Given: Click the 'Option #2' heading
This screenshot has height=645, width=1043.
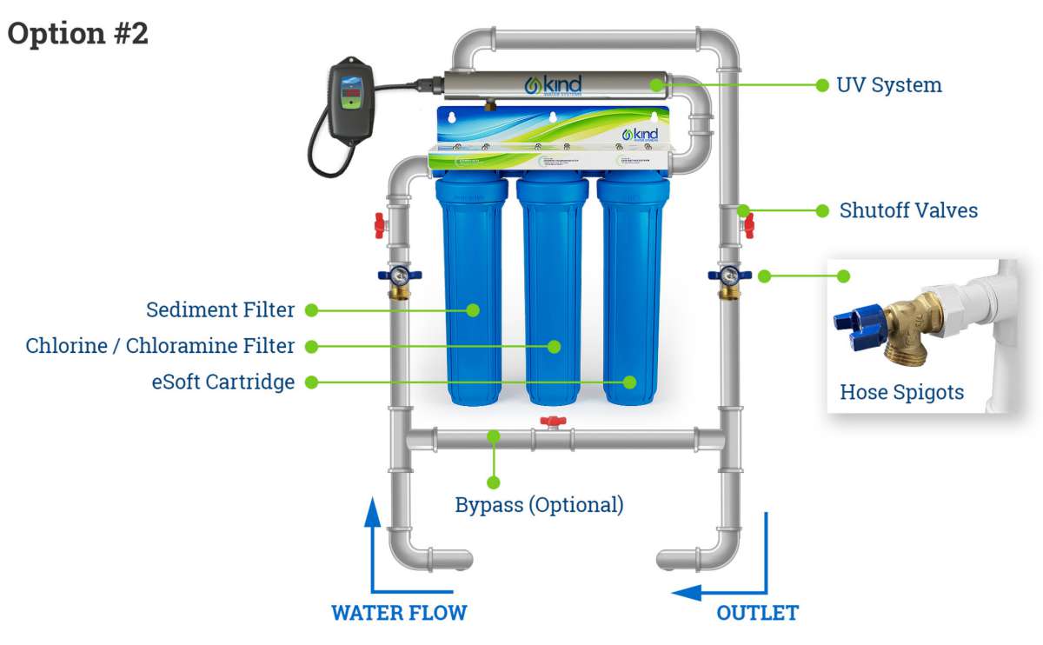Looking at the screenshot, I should coord(78,33).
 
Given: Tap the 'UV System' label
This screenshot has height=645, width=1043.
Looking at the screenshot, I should coord(889,85).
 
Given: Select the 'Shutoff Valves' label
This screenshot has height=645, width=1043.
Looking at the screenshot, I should coord(908,210).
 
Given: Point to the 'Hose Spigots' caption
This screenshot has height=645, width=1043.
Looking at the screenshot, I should coord(901,392).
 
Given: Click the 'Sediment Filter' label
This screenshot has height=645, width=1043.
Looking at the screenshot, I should coord(220,310).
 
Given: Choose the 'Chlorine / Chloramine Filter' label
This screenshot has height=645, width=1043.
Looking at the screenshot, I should coord(160,346).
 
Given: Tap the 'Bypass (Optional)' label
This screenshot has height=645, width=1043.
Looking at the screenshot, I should coord(539,504).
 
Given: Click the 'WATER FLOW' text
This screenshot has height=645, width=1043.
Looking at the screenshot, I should coord(399,612).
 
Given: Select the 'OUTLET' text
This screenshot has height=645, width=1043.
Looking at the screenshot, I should coord(756,612).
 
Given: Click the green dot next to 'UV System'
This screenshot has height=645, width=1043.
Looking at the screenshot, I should coord(821,85).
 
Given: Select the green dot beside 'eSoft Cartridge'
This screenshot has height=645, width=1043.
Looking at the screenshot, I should coord(311,382).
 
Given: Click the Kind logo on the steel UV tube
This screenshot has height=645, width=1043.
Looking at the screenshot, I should coord(554,85).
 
